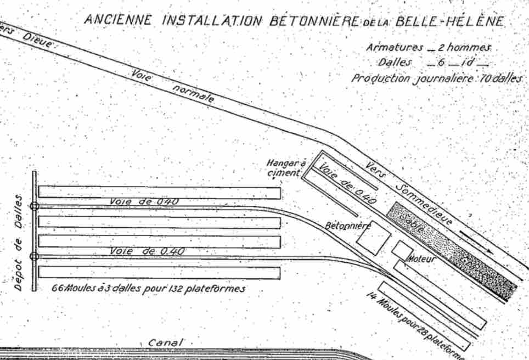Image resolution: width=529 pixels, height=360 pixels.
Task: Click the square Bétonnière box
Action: tap(373, 237)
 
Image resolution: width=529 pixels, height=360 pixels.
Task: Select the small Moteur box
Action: tap(402, 250)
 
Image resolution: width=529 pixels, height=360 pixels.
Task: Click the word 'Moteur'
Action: tap(420, 258)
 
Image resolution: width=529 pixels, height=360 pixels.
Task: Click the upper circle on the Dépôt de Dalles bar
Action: tap(35, 206)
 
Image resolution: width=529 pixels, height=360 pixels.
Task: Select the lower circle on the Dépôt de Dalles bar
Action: tap(35, 256)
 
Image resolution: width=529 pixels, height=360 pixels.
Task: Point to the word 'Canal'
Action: tap(165, 342)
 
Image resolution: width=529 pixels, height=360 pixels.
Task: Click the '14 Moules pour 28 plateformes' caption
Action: tap(417, 324)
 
